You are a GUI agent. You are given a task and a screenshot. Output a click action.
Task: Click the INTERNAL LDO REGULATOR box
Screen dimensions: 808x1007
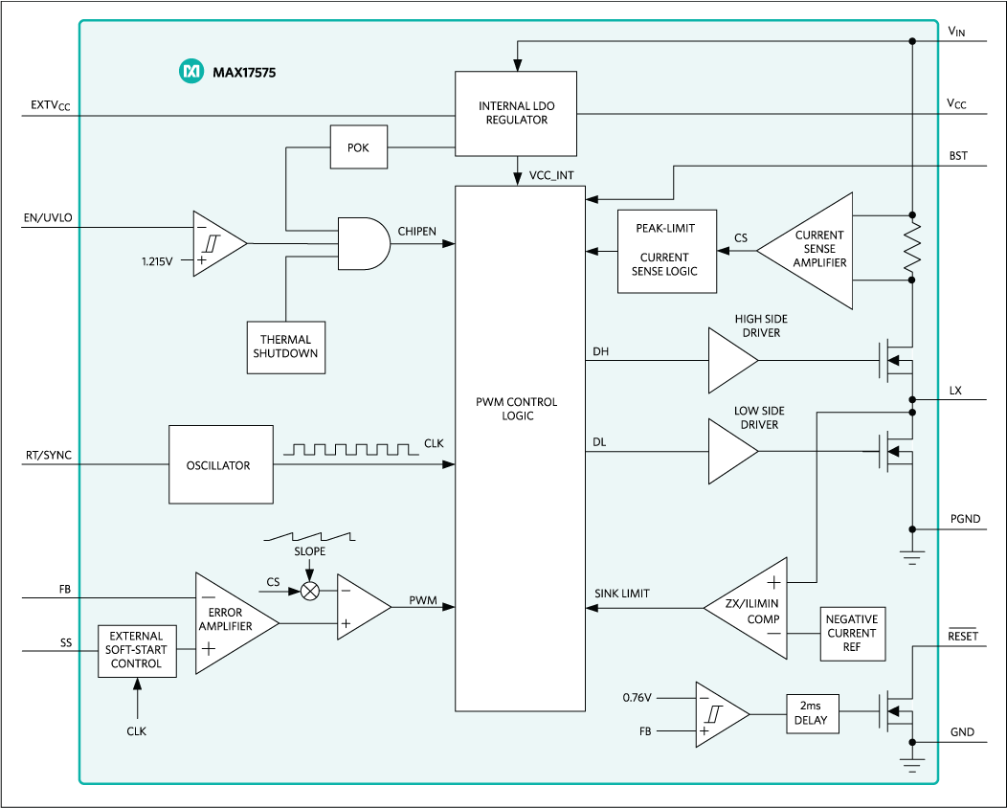click(516, 113)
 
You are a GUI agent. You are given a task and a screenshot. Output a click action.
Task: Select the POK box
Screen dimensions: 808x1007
click(358, 148)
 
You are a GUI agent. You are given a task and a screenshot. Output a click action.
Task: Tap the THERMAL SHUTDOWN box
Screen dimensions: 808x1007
click(285, 347)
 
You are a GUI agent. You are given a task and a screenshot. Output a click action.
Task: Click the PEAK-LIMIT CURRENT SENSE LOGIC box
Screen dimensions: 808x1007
click(666, 251)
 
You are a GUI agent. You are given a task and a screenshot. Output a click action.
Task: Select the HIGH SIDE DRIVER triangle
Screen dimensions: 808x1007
click(730, 360)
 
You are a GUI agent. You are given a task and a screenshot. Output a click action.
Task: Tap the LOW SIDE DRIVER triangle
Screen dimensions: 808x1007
click(730, 452)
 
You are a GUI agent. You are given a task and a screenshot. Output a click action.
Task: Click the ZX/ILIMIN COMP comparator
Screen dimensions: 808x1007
click(752, 607)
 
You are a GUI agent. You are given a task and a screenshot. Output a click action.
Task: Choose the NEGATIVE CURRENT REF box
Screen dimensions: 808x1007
click(852, 633)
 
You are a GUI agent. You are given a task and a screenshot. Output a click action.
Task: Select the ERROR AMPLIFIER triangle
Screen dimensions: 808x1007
click(230, 623)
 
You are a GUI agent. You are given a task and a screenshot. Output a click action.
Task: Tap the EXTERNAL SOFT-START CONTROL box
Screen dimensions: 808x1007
click(137, 650)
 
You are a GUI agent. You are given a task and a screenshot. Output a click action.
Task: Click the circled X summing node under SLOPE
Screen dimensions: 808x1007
click(309, 591)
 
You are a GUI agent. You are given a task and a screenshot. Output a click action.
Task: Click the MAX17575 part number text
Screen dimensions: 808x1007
click(244, 72)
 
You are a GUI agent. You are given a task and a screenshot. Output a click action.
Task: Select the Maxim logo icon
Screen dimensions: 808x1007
click(191, 71)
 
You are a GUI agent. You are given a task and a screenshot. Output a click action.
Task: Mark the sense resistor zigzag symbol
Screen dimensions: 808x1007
click(912, 248)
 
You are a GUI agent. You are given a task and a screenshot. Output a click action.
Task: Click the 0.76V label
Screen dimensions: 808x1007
click(638, 697)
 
